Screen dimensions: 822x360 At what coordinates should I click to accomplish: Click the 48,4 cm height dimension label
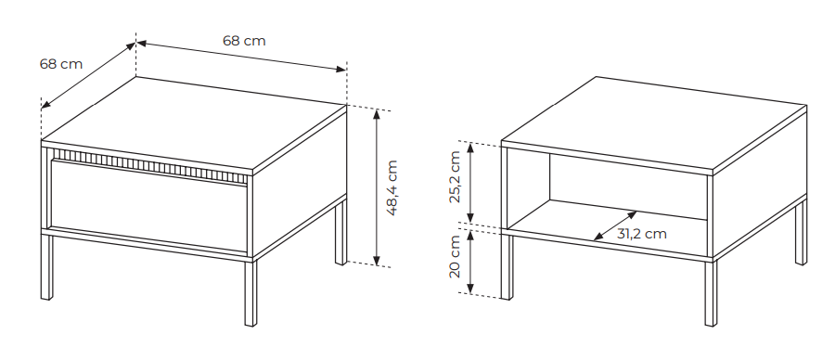pyautogui.click(x=392, y=187)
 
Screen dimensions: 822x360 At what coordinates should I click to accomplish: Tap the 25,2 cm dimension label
pyautogui.click(x=455, y=176)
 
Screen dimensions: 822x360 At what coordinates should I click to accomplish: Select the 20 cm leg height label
pyautogui.click(x=455, y=256)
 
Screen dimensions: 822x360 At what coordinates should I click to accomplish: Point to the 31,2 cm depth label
pyautogui.click(x=642, y=234)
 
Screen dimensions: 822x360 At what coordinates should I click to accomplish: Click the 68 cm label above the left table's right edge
pyautogui.click(x=244, y=40)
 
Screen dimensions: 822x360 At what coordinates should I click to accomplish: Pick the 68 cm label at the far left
pyautogui.click(x=61, y=64)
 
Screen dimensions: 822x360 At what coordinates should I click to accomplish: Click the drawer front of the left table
pyautogui.click(x=148, y=205)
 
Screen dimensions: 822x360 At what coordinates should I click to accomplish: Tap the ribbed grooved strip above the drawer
pyautogui.click(x=149, y=165)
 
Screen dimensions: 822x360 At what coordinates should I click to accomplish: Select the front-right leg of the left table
pyautogui.click(x=250, y=292)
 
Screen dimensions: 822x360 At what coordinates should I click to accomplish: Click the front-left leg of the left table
pyautogui.click(x=46, y=266)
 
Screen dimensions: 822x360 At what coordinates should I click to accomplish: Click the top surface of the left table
pyautogui.click(x=194, y=123)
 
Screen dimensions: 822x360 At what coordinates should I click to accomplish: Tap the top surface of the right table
pyautogui.click(x=654, y=123)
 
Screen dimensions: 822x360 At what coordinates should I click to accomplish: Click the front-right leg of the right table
pyautogui.click(x=711, y=293)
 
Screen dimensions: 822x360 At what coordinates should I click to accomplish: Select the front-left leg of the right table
pyautogui.click(x=507, y=266)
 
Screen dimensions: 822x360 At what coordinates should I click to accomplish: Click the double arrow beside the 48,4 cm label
pyautogui.click(x=377, y=187)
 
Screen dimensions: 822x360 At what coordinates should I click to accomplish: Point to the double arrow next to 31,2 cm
pyautogui.click(x=615, y=225)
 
